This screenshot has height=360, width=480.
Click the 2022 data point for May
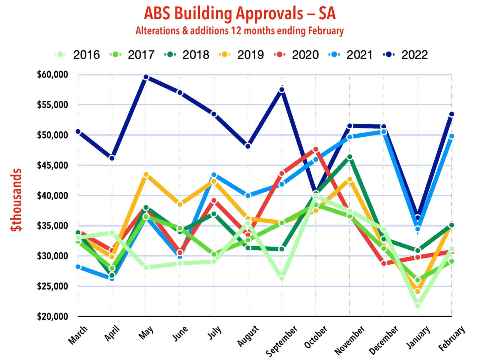click(146, 77)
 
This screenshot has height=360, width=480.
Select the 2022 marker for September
click(282, 90)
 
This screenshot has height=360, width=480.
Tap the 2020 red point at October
click(316, 149)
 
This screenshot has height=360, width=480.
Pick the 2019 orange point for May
click(146, 175)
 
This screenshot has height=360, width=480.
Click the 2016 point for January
click(418, 305)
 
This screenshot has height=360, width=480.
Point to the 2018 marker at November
click(349, 157)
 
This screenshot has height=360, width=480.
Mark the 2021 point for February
click(451, 136)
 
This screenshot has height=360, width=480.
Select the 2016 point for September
click(282, 278)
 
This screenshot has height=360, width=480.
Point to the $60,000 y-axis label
click(52, 74)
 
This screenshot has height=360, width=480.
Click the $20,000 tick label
click(52, 316)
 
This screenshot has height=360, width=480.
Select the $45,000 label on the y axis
click(52, 165)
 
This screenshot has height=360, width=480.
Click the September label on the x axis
click(282, 341)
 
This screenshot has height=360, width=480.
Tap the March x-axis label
click(78, 335)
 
